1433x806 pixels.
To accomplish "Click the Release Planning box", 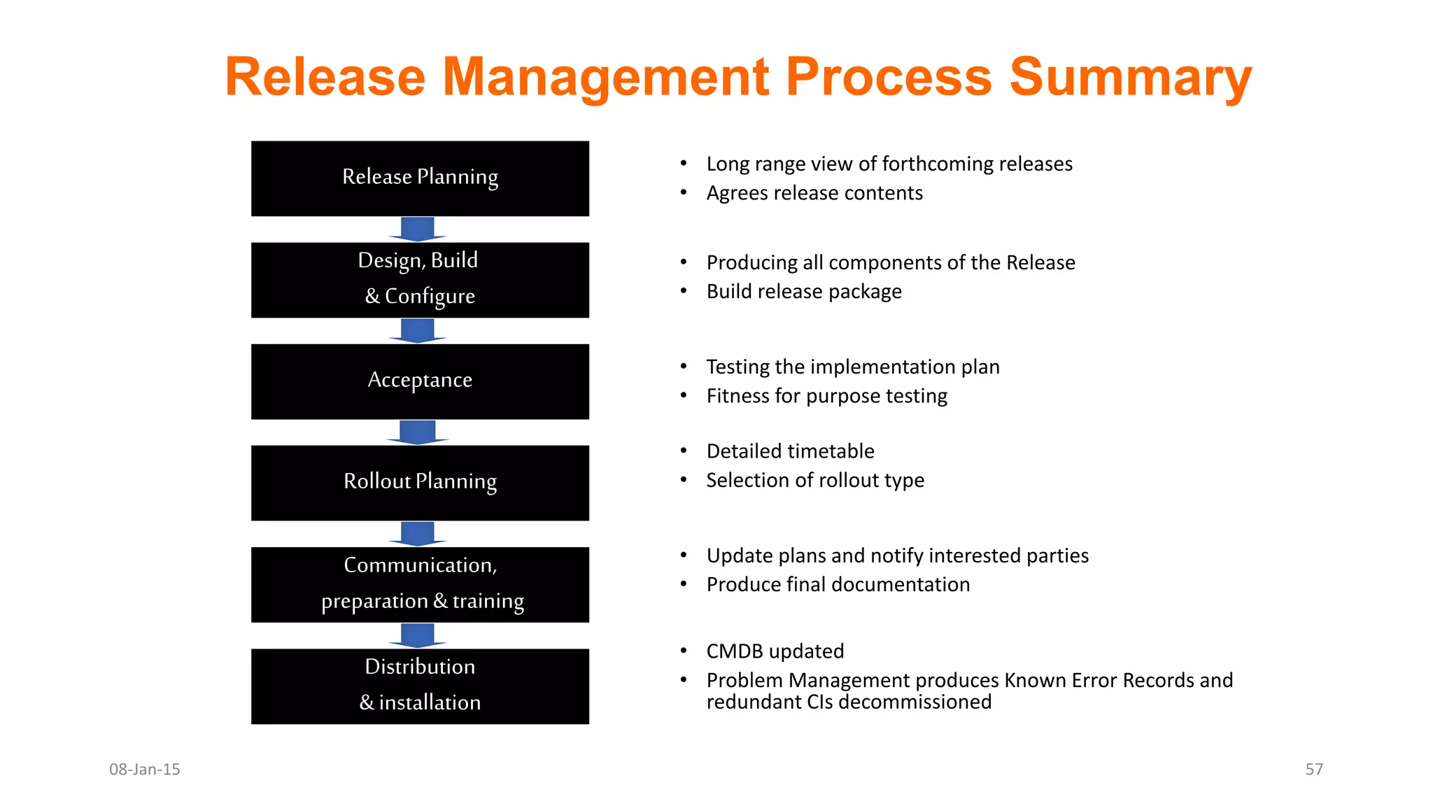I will pyautogui.click(x=420, y=178).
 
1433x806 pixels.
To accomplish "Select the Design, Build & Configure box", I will pyautogui.click(x=420, y=280).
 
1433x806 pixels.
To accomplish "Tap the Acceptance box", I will pyautogui.click(x=420, y=381).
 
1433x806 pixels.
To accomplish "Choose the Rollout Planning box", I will pyautogui.click(x=420, y=483).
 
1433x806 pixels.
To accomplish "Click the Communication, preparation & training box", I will pyautogui.click(x=420, y=584).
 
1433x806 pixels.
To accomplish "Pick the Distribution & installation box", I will pyautogui.click(x=420, y=686).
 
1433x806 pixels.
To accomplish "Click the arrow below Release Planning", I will pyautogui.click(x=418, y=229).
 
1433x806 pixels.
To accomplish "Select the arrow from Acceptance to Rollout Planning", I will pyautogui.click(x=418, y=432).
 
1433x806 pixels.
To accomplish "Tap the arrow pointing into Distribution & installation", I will pyautogui.click(x=418, y=635).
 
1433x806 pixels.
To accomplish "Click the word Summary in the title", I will pyautogui.click(x=1130, y=77).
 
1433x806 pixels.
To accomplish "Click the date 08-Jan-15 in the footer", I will pyautogui.click(x=145, y=769).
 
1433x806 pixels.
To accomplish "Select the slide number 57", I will pyautogui.click(x=1314, y=769).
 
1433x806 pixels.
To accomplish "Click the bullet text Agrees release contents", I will pyautogui.click(x=814, y=193).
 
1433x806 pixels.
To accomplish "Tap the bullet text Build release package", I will pyautogui.click(x=804, y=292).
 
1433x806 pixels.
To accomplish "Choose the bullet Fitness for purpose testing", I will pyautogui.click(x=826, y=396).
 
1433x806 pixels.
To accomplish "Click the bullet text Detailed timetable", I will pyautogui.click(x=790, y=451).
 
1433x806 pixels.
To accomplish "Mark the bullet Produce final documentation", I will pyautogui.click(x=838, y=584).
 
